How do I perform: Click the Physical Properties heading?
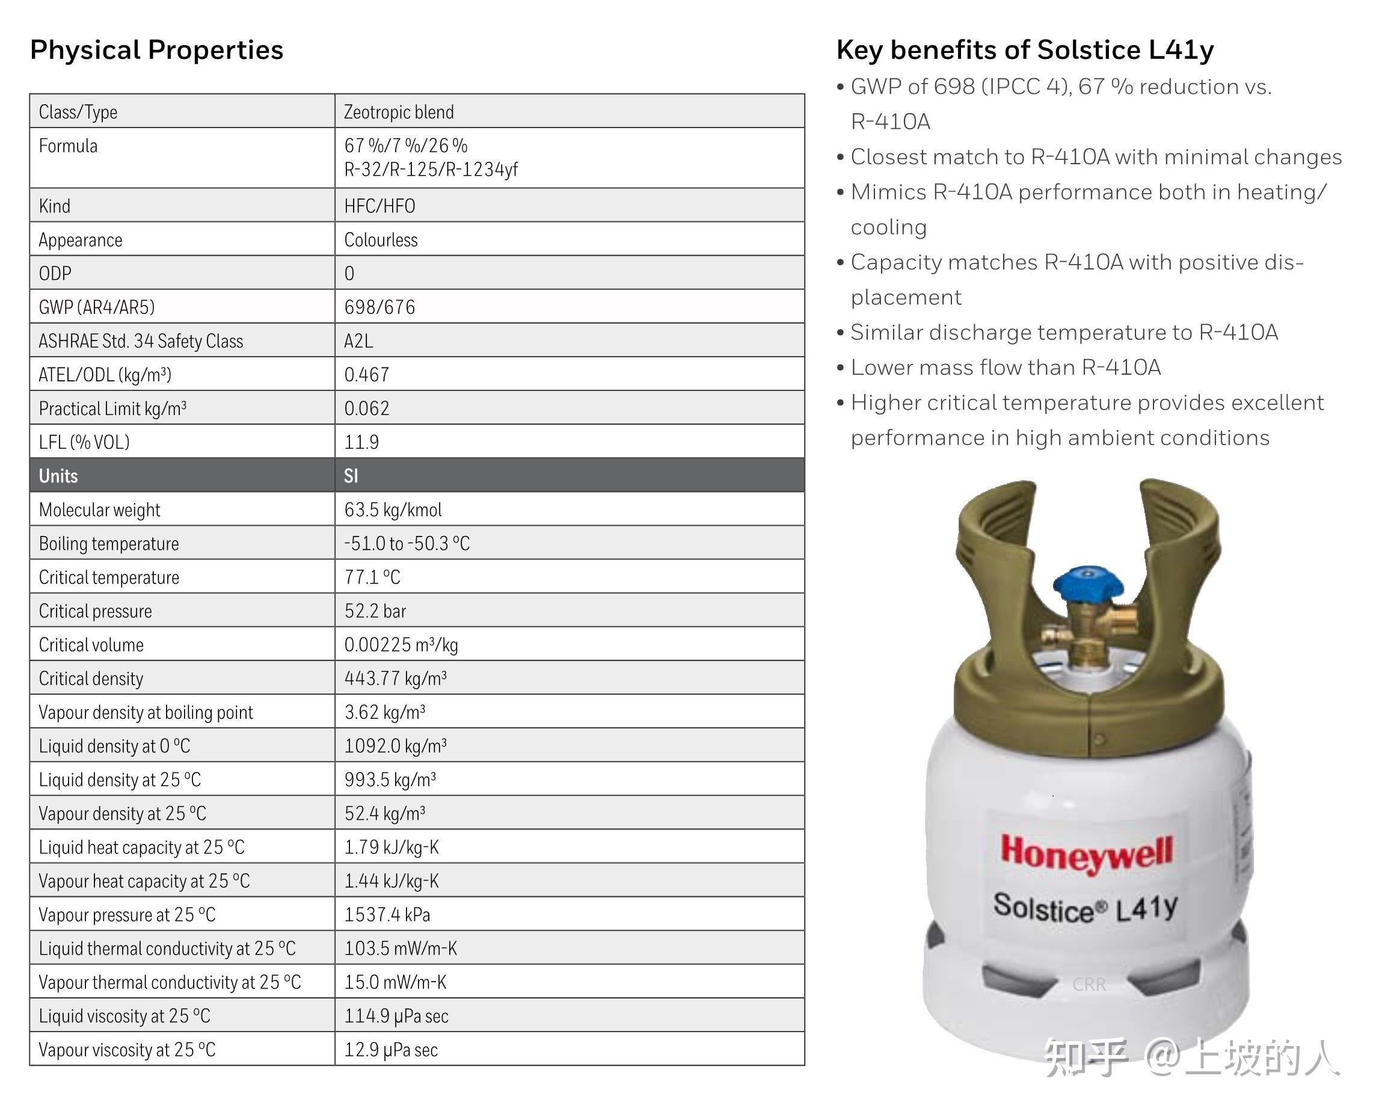156,50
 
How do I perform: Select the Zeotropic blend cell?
398,112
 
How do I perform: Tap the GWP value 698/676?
379,307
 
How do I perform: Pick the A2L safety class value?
358,340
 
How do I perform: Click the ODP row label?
55,273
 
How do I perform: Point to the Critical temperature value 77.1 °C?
372,577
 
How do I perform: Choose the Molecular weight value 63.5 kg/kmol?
393,510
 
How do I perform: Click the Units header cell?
58,476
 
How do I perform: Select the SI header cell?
351,476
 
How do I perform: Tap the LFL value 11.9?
361,442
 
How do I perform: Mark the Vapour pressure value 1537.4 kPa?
387,914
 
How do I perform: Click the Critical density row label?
91,679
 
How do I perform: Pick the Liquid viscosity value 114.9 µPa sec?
396,1016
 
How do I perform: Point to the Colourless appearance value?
381,240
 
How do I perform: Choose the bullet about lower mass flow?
1005,368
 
